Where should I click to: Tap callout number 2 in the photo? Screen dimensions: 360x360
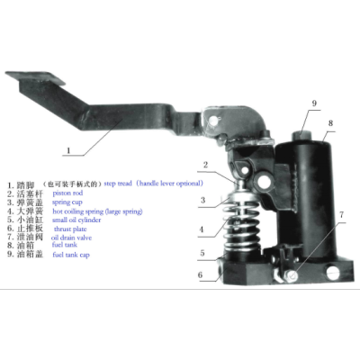click(205, 165)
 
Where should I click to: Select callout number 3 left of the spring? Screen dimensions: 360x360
click(204, 200)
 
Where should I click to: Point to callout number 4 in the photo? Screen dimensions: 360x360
click(202, 229)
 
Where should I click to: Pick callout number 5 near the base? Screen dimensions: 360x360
click(202, 253)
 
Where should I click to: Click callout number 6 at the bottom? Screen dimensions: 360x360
click(202, 274)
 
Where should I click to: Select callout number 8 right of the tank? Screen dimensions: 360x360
click(330, 123)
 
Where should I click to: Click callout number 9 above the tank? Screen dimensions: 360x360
click(314, 103)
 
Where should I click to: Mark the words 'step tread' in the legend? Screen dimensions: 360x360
click(122, 183)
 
